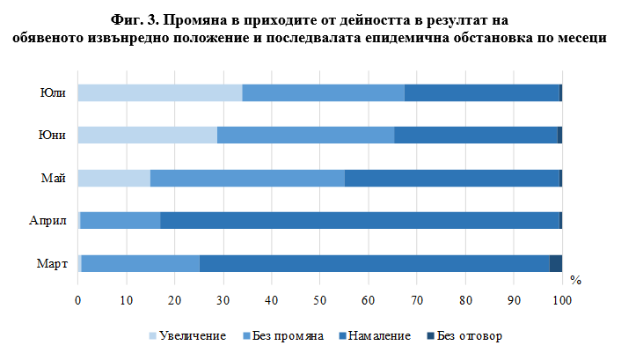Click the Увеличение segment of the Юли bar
159,93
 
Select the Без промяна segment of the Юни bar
305,135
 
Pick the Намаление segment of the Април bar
360,220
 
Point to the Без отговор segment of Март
555,263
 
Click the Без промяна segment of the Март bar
140,263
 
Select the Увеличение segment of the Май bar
113,178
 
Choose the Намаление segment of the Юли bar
482,93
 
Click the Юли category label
55,93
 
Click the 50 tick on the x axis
320,301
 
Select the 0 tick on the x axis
78,301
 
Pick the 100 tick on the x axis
562,301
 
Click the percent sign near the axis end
575,281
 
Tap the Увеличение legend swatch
153,335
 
